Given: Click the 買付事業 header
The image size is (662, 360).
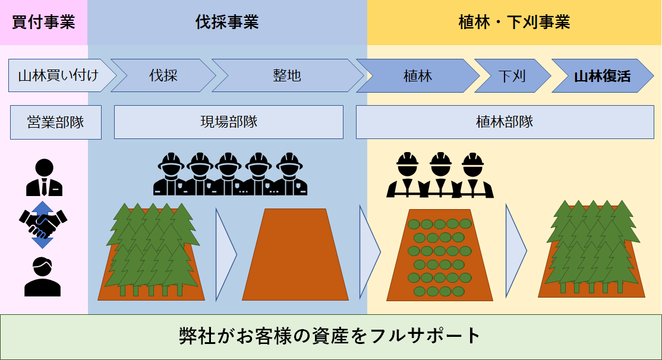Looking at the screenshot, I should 43,23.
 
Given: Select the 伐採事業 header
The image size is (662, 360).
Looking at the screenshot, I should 227,23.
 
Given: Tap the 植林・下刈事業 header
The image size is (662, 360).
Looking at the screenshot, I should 514,23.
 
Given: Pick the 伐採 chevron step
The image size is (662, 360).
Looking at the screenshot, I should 163,75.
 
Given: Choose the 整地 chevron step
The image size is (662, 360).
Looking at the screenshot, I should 287,75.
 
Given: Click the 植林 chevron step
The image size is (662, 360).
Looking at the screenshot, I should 418,75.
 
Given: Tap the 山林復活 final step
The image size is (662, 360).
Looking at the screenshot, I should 602,75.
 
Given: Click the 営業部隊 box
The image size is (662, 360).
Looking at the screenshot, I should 56,122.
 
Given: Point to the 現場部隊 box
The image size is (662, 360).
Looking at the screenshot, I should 229,122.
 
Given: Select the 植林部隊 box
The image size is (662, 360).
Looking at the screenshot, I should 505,122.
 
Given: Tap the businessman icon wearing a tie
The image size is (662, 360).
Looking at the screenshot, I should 44,178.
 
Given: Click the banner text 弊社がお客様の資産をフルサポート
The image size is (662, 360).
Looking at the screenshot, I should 330,336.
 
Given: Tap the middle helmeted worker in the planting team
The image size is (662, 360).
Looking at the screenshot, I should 440,175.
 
